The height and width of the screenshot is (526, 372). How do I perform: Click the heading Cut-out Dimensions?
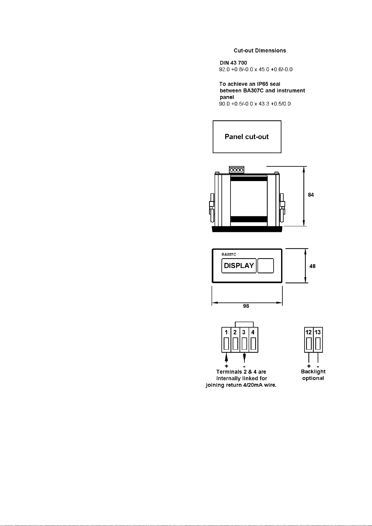(260, 51)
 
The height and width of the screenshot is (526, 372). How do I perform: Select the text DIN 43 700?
(233, 63)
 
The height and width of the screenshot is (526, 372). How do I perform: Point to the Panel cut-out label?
(247, 137)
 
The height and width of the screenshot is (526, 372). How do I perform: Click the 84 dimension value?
(311, 195)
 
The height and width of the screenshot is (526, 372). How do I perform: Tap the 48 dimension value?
(312, 266)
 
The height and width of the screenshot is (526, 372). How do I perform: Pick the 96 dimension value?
(246, 306)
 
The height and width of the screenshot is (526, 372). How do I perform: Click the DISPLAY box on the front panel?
(239, 266)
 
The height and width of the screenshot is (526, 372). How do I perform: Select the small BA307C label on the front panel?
(229, 254)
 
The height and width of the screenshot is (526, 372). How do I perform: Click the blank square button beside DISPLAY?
(266, 266)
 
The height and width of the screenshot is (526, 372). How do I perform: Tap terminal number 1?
(226, 332)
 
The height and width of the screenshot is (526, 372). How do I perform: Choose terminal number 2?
(235, 332)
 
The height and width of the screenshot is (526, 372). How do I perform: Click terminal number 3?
(244, 332)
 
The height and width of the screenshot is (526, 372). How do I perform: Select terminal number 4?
(253, 332)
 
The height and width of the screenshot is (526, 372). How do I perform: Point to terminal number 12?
(309, 332)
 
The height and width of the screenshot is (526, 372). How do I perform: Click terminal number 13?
(318, 332)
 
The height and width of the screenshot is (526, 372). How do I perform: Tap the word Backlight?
(313, 371)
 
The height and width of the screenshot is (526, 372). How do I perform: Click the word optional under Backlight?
(313, 378)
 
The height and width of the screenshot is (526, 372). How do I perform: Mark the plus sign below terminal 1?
(226, 366)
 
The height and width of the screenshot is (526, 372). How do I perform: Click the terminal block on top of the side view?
(236, 170)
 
